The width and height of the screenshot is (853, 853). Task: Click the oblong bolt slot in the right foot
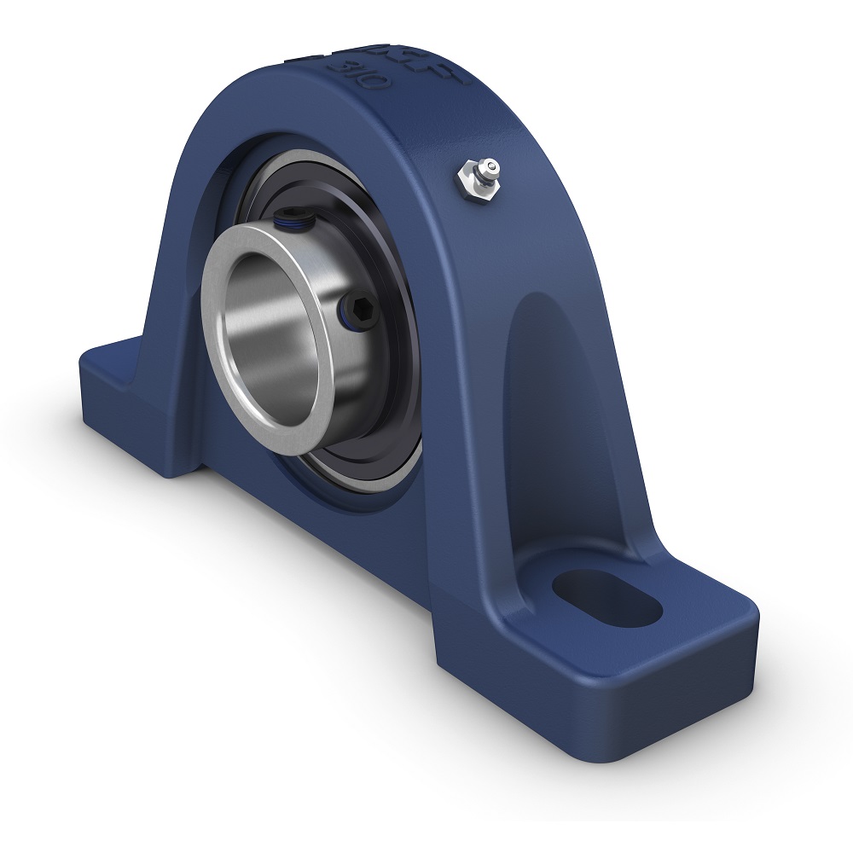point(607,597)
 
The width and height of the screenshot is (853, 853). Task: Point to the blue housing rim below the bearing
point(367,512)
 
